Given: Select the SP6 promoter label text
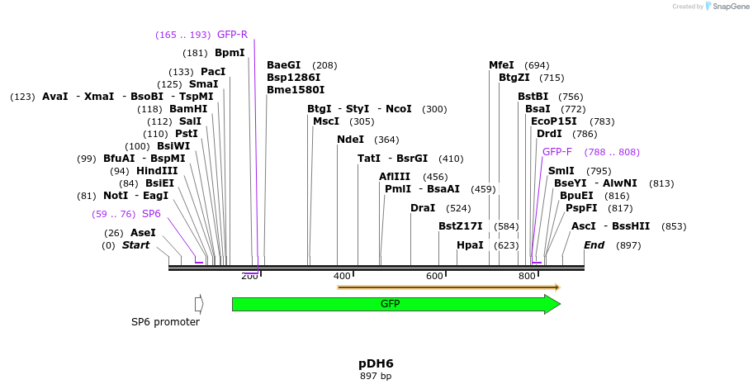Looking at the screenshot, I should (165, 322).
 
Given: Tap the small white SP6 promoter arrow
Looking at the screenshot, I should (199, 304).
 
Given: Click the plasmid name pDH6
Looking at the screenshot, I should (376, 363).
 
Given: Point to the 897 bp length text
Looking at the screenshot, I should (376, 377).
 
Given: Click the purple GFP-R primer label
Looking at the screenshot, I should (232, 35).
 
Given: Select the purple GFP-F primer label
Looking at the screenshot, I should (556, 152).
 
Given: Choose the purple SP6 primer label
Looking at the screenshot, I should (151, 214).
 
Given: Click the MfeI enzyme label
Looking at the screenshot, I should (501, 65).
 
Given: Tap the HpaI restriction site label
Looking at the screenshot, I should (470, 245).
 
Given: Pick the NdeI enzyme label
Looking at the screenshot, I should (350, 140).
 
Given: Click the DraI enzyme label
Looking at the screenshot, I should (423, 208).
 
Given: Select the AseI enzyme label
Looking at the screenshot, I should (143, 233).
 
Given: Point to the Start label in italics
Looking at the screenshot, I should (136, 245).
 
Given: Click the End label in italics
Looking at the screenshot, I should (594, 245).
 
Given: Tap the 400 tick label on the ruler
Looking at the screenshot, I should (342, 276).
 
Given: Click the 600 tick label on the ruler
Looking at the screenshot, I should (434, 276).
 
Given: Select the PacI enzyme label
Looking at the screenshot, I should (213, 72).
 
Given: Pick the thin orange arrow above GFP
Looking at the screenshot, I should (449, 287).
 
